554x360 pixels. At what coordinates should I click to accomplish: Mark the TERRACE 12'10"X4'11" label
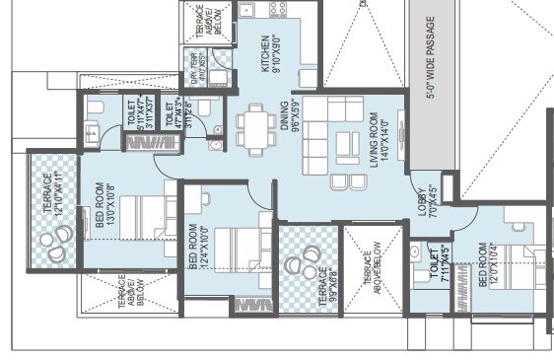(x=50, y=193)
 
